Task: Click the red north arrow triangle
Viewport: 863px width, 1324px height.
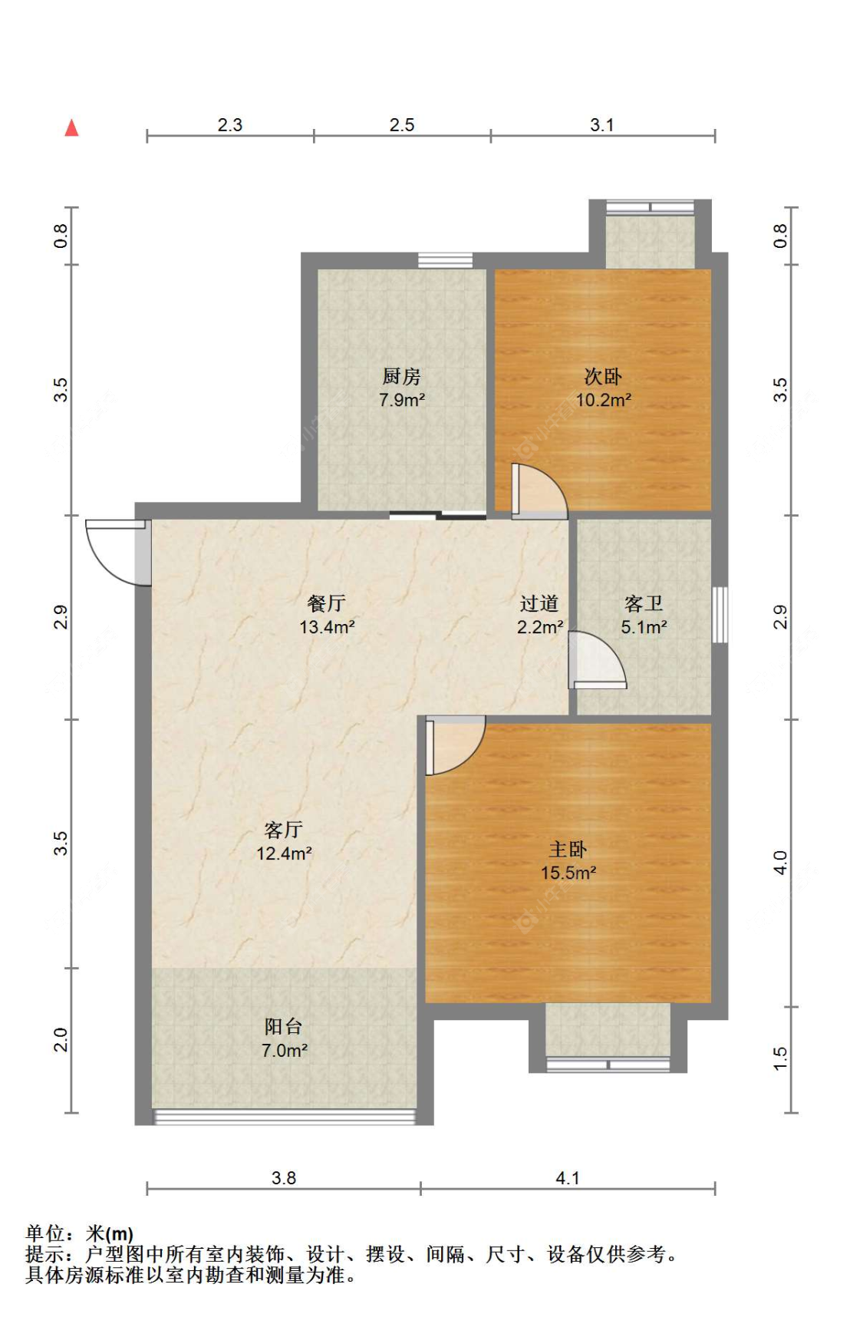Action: click(71, 127)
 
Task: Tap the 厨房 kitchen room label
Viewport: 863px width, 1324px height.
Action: click(401, 376)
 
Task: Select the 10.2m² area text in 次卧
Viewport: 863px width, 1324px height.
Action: click(604, 400)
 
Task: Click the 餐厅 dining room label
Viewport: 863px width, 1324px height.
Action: click(326, 603)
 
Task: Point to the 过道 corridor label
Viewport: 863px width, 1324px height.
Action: click(539, 603)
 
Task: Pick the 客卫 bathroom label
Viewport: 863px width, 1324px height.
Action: click(644, 603)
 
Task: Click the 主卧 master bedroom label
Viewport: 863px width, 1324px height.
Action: click(568, 849)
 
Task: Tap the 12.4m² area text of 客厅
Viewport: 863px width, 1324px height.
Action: click(284, 853)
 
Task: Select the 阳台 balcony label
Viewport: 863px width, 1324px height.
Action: click(284, 1026)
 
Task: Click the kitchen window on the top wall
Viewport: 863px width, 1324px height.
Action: click(445, 260)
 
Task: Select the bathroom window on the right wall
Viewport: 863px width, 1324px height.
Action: click(720, 615)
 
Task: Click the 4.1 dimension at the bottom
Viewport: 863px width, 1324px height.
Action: click(568, 1177)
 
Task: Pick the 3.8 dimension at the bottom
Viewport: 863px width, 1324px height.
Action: click(284, 1177)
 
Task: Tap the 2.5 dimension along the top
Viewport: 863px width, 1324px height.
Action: click(402, 125)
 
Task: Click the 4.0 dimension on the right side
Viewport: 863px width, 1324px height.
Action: click(780, 863)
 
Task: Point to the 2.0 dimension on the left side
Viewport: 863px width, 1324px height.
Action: click(61, 1040)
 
